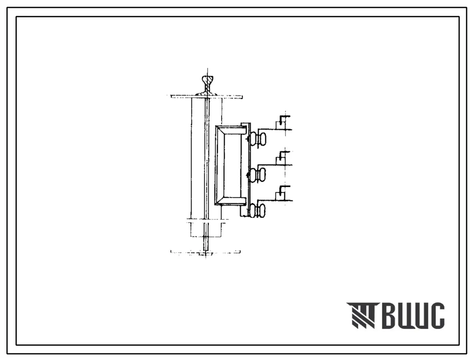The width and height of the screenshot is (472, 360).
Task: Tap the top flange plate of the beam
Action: tap(206, 97)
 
